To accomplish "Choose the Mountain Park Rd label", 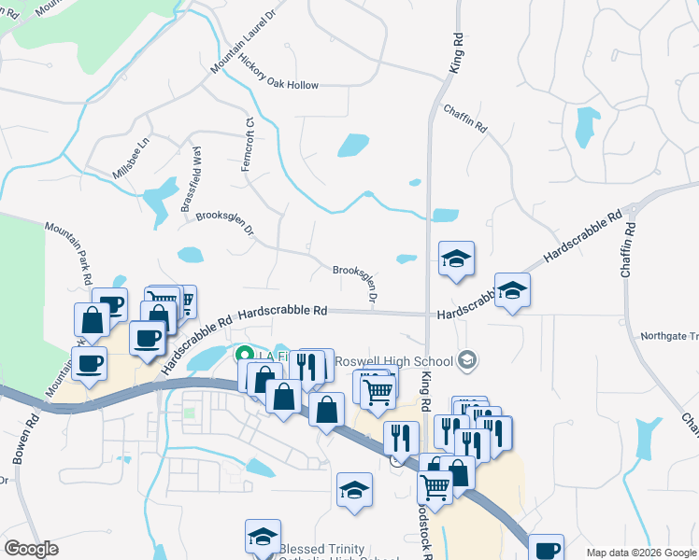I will [x=82, y=253].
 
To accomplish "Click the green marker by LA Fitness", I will [x=245, y=355].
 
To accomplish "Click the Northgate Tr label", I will [x=669, y=336].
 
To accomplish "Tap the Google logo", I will [x=30, y=549].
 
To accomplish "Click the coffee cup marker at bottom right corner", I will [x=546, y=550].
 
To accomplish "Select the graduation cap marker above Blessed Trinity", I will [x=263, y=536].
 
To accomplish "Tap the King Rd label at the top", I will [x=457, y=52].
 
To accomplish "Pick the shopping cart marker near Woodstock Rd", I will [x=435, y=484].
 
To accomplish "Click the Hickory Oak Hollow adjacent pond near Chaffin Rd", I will [x=352, y=146].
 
